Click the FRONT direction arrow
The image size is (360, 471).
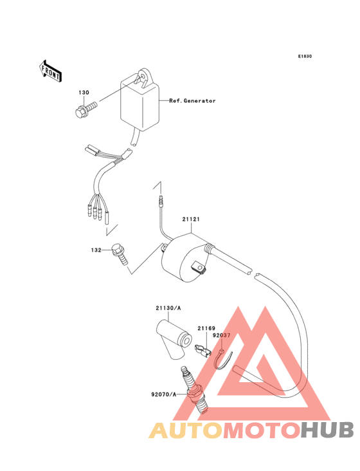click(x=50, y=71)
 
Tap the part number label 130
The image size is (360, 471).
click(x=84, y=93)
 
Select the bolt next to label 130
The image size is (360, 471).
click(x=86, y=109)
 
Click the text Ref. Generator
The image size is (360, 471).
click(x=192, y=101)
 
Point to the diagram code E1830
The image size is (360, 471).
click(x=305, y=56)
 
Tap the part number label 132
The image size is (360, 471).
click(x=96, y=250)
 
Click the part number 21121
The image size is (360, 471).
click(x=191, y=219)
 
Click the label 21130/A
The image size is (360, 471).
click(x=168, y=308)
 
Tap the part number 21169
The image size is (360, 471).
click(x=206, y=328)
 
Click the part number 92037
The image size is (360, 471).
click(x=221, y=335)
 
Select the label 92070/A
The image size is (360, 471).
click(x=164, y=394)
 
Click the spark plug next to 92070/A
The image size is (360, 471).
click(x=194, y=390)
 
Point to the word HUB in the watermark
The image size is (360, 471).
click(x=327, y=430)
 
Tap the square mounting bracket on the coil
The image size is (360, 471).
click(x=199, y=267)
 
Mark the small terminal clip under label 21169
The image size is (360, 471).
click(x=203, y=351)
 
